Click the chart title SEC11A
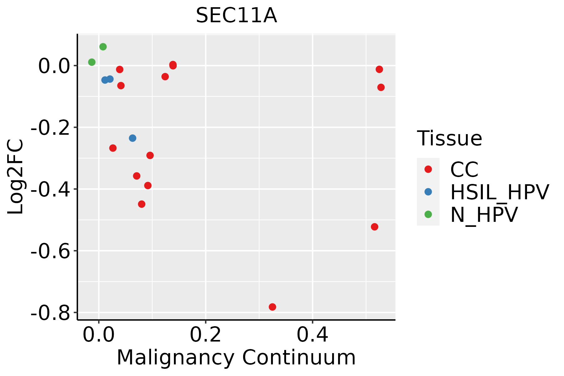pyautogui.click(x=236, y=16)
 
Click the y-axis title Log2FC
pyautogui.click(x=16, y=177)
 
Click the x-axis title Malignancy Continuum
pyautogui.click(x=236, y=358)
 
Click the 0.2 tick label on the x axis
pyautogui.click(x=205, y=335)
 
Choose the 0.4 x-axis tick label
pyautogui.click(x=312, y=335)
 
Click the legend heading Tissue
pyautogui.click(x=449, y=138)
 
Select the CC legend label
pyautogui.click(x=464, y=170)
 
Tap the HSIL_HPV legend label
pyautogui.click(x=499, y=192)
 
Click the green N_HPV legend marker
pyautogui.click(x=428, y=214)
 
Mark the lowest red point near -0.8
pyautogui.click(x=272, y=307)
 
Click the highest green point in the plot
pyautogui.click(x=103, y=47)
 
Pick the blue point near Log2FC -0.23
pyautogui.click(x=133, y=138)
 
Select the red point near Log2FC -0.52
pyautogui.click(x=374, y=227)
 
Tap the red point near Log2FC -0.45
pyautogui.click(x=142, y=204)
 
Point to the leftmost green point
pyautogui.click(x=91, y=62)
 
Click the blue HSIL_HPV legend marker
pyautogui.click(x=428, y=192)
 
